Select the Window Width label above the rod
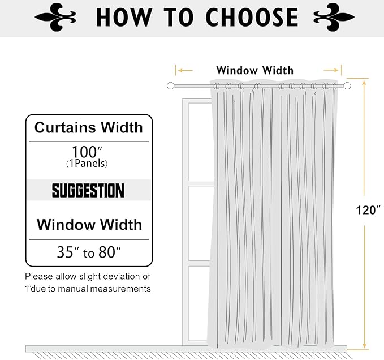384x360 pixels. [x=254, y=71]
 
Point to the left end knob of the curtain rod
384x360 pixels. [x=170, y=85]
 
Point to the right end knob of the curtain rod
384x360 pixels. [x=347, y=85]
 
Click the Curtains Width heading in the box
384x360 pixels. [x=89, y=127]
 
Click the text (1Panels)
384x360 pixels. [x=87, y=164]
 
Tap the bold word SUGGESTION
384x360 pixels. [x=88, y=190]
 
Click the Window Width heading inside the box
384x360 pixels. [x=89, y=225]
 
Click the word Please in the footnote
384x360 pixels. [x=38, y=277]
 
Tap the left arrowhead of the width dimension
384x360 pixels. [x=177, y=71]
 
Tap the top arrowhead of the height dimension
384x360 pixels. [x=364, y=83]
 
